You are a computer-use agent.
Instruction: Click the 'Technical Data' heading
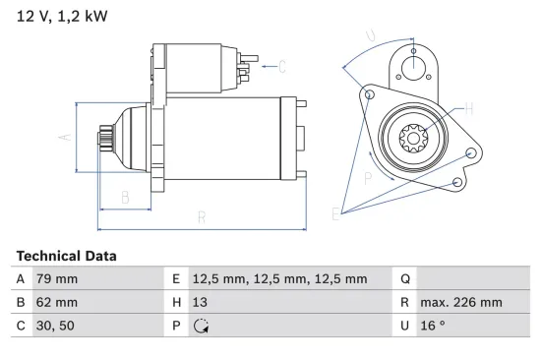point(66,256)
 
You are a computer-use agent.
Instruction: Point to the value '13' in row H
point(201,302)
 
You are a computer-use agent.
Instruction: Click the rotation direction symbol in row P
point(201,326)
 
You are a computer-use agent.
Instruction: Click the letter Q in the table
point(406,279)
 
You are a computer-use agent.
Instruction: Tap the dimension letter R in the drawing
point(201,218)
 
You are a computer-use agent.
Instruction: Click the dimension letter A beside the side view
point(66,138)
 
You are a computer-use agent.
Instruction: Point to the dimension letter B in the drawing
point(125,198)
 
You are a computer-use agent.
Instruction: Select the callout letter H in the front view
point(468,108)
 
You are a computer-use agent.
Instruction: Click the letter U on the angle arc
point(370,37)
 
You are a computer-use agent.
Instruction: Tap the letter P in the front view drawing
point(367,178)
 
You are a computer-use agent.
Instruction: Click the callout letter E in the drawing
point(336,213)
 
